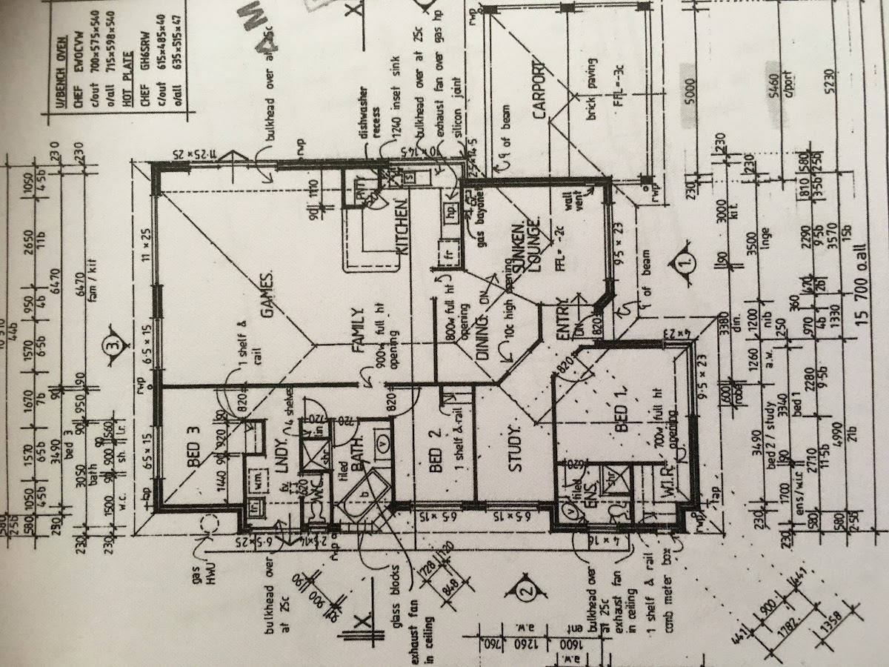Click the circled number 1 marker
(687, 261)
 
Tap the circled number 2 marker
(525, 591)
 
